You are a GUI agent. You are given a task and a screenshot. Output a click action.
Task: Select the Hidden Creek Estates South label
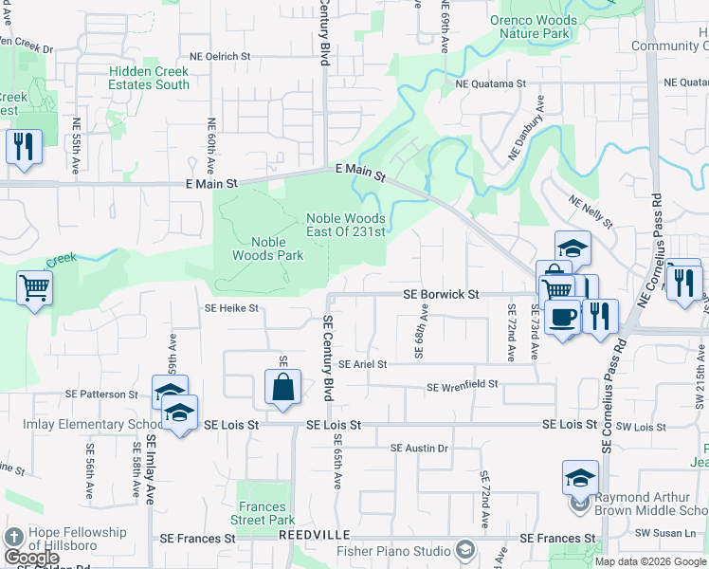[149, 78]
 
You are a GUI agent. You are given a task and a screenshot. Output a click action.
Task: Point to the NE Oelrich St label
[219, 57]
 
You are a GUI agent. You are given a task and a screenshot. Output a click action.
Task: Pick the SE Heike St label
[231, 308]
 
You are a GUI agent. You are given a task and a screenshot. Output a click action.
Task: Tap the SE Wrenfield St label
[463, 386]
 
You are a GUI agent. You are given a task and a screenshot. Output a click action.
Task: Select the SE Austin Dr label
[418, 448]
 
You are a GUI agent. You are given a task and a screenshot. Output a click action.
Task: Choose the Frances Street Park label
[263, 513]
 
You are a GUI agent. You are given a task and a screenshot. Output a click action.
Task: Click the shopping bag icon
[283, 387]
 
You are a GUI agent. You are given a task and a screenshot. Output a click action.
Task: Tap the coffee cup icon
[562, 316]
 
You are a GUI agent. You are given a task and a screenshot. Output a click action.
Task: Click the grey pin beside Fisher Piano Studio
[464, 550]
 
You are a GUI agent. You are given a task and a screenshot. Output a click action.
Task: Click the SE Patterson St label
[101, 394]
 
